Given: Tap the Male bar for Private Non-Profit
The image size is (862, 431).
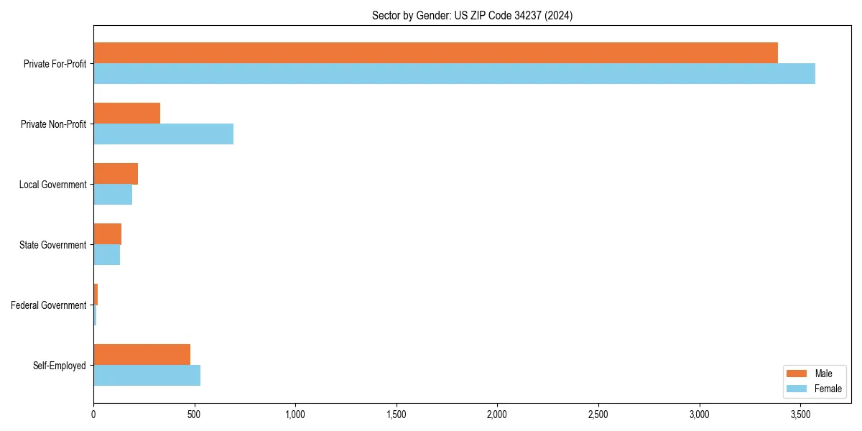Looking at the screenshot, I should click(126, 113).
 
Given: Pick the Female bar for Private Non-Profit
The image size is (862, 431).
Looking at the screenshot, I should click(163, 134).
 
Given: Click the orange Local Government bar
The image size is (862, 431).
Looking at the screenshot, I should click(116, 173).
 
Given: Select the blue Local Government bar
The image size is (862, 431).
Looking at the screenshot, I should click(113, 194).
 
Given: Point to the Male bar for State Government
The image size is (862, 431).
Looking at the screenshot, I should click(107, 233).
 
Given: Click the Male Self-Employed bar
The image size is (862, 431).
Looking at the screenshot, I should click(142, 354).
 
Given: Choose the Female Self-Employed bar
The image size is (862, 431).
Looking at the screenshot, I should click(147, 375).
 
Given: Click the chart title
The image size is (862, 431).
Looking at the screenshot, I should click(472, 15).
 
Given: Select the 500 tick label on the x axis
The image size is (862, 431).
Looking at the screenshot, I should click(194, 414).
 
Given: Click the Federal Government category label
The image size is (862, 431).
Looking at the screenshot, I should click(48, 305).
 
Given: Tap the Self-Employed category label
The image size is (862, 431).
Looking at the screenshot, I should click(59, 366).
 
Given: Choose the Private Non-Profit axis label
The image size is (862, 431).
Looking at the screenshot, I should click(53, 124).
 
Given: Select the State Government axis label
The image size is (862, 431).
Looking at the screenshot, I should click(52, 245).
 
